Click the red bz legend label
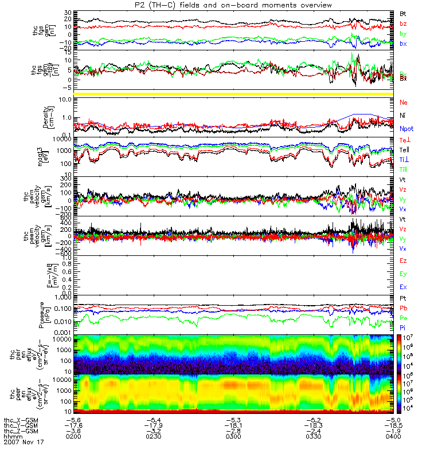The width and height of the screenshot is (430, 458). point(403,23)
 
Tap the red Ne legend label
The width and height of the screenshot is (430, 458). point(403,102)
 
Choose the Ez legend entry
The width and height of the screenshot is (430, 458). point(403,261)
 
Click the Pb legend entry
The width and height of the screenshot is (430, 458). point(403,309)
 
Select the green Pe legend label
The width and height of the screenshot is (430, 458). point(403,318)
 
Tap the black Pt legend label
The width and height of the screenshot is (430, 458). point(403,299)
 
